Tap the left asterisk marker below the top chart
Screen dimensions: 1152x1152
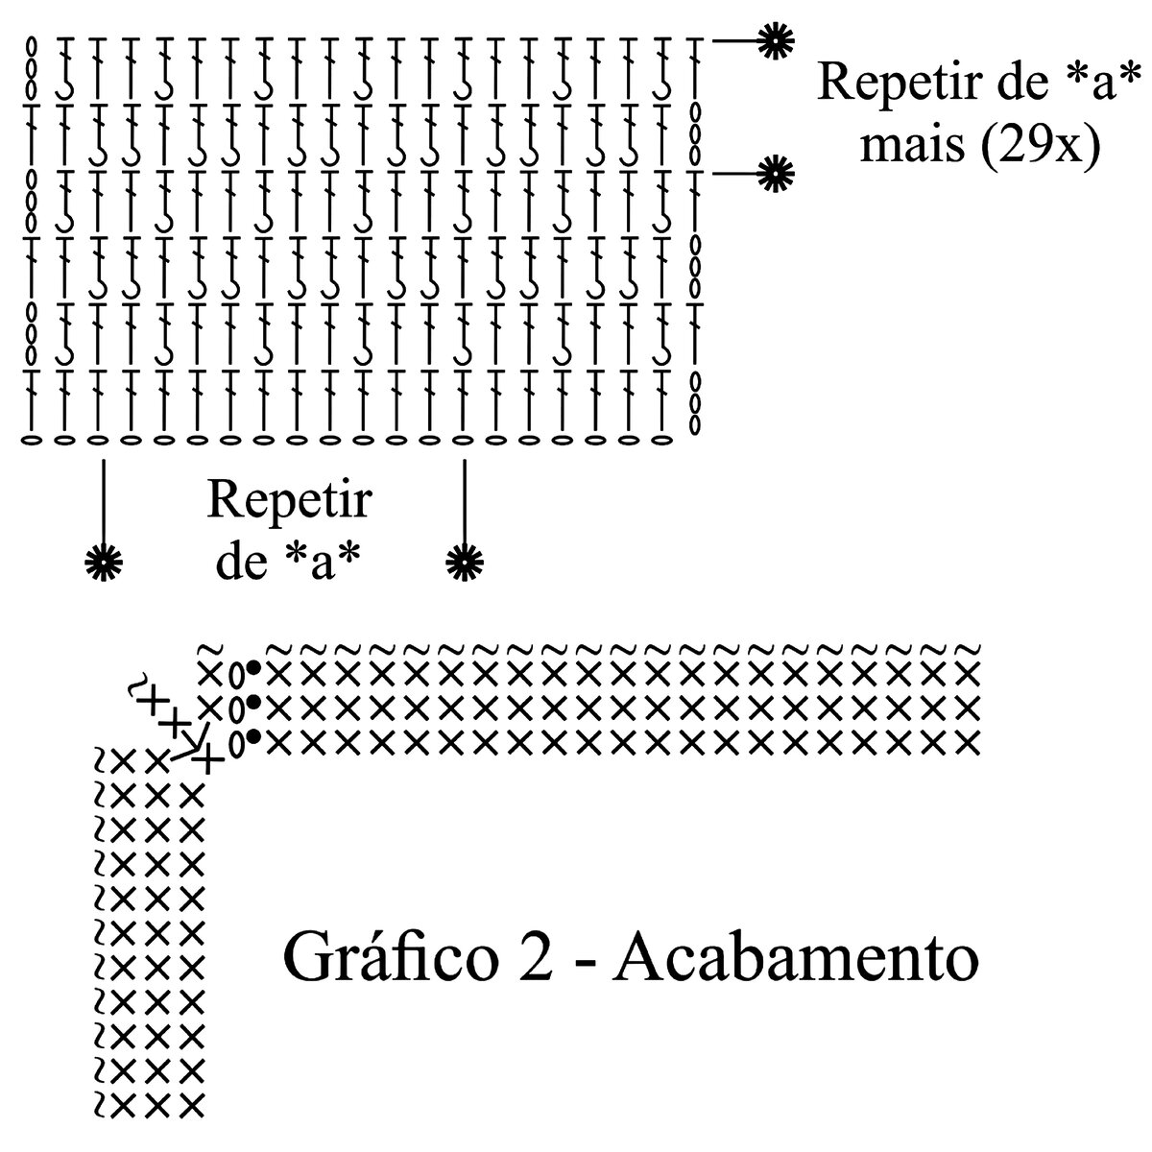click(x=103, y=562)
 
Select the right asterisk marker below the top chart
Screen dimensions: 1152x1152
click(x=466, y=562)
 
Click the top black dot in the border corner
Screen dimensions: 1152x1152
click(x=253, y=667)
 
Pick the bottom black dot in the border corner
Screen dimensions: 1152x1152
click(x=253, y=737)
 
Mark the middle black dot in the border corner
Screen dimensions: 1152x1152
click(x=253, y=703)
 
